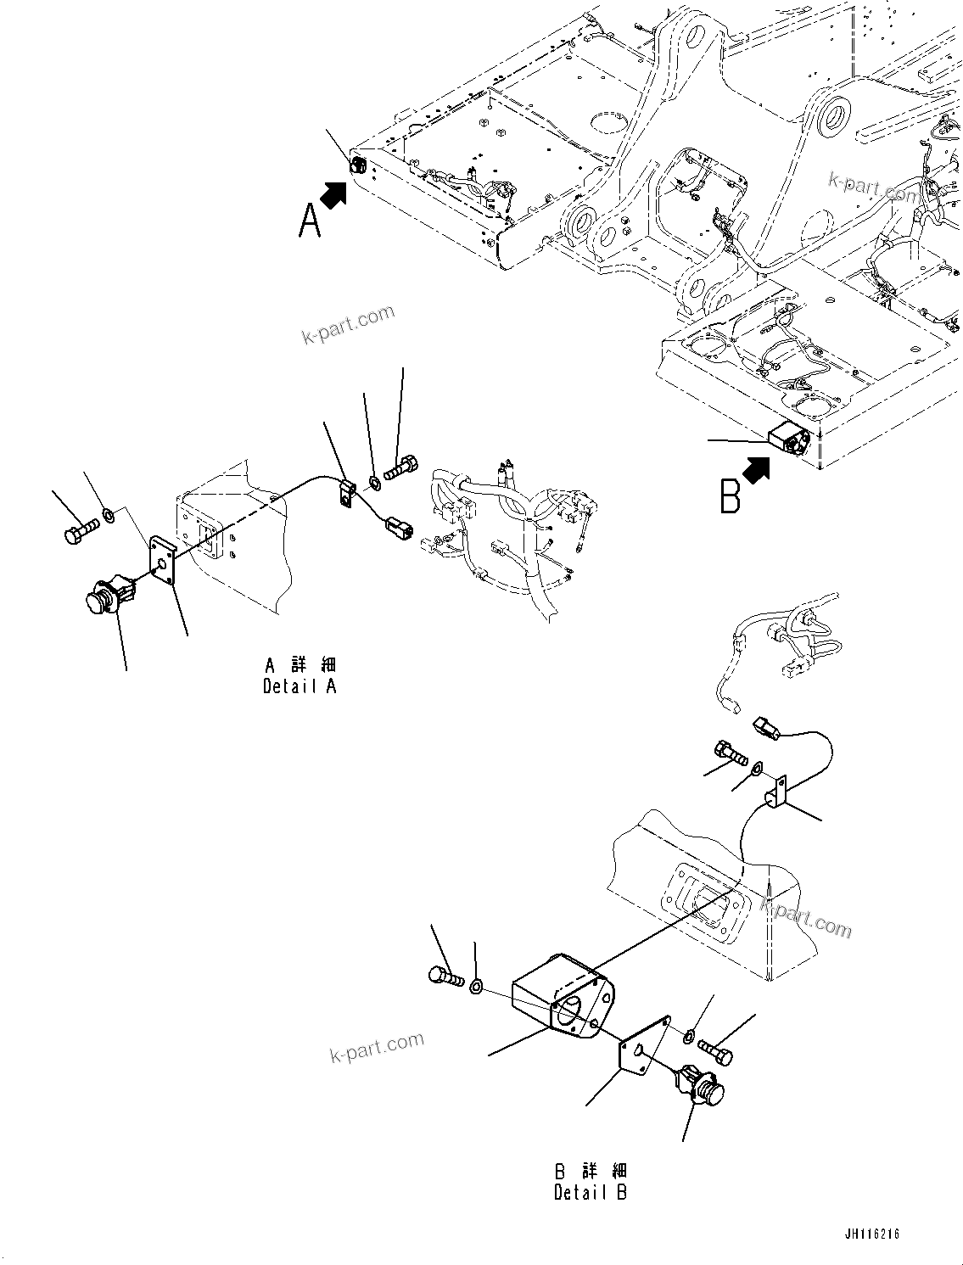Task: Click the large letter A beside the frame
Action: (x=311, y=221)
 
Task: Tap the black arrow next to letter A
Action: (x=336, y=195)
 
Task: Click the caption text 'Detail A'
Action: (x=300, y=686)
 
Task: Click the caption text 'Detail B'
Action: (x=591, y=1192)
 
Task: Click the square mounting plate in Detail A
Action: (x=162, y=560)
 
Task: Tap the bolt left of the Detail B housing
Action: (x=446, y=978)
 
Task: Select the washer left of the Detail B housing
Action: (x=476, y=986)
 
